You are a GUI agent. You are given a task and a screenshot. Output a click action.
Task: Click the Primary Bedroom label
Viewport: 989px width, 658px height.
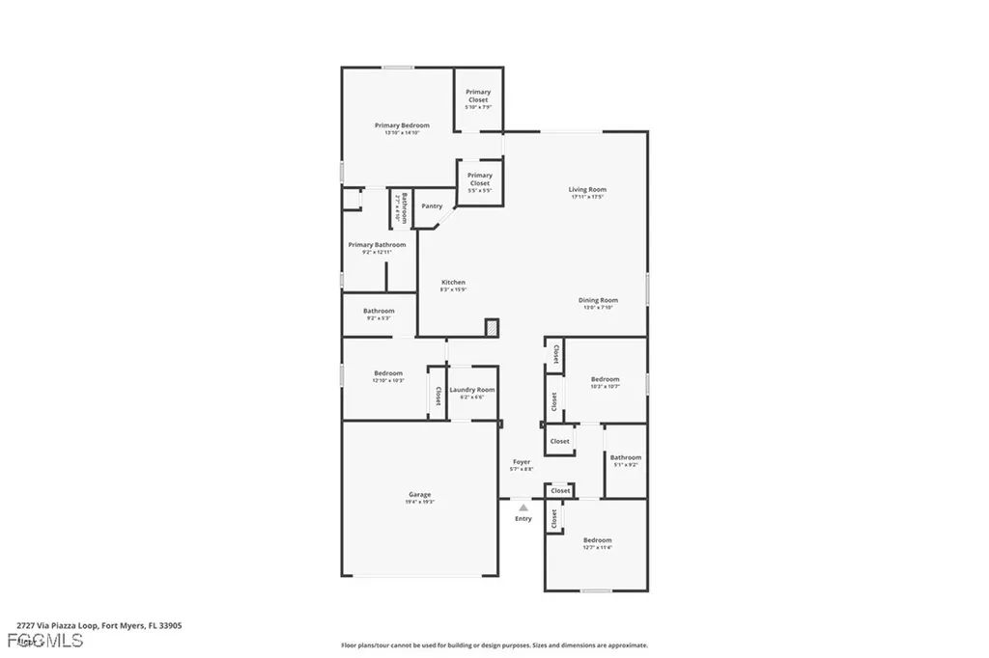[x=402, y=125]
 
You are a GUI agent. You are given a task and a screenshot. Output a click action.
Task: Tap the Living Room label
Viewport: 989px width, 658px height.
[x=587, y=190]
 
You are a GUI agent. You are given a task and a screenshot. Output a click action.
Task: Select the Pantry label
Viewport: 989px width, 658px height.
[x=432, y=206]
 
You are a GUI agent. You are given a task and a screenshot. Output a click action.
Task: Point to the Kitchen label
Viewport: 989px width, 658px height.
[x=453, y=283]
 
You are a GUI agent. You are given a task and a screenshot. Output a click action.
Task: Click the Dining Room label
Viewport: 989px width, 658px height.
[x=598, y=300]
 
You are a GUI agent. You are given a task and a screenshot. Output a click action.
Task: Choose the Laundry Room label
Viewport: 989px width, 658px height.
[x=472, y=390]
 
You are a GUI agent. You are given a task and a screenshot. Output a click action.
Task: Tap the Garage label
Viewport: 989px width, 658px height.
[x=419, y=495]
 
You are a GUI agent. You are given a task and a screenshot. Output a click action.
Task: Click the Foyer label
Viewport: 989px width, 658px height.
[x=521, y=463]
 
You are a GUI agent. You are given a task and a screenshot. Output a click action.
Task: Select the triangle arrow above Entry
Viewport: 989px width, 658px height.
[x=523, y=507]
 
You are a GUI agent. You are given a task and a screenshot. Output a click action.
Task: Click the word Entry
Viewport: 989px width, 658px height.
[x=523, y=519]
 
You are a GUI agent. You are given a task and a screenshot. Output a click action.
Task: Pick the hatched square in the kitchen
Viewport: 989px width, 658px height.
[x=492, y=328]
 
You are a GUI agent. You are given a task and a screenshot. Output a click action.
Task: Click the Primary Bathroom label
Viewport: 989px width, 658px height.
[x=377, y=245]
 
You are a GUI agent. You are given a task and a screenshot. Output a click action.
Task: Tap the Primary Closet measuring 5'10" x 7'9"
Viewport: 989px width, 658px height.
[x=478, y=96]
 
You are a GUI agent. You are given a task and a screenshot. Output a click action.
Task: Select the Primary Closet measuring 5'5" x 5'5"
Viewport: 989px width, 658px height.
[x=479, y=179]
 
